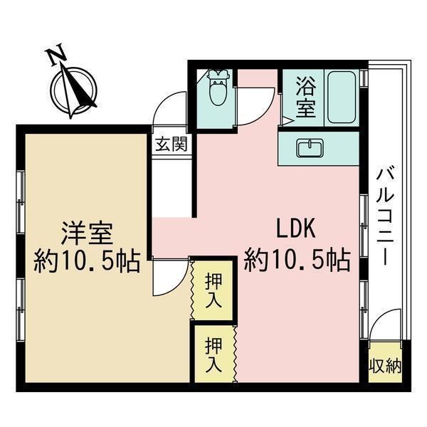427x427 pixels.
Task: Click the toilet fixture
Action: coord(218,88)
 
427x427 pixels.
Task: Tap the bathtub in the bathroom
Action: coord(342,97)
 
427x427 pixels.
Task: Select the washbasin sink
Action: coord(310,148)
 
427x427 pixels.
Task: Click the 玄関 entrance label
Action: coord(172,144)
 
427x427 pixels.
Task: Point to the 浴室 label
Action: coord(306,97)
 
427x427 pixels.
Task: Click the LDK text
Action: coord(296,228)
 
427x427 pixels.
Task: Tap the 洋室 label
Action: coord(87,233)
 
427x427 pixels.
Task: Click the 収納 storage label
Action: coord(385,366)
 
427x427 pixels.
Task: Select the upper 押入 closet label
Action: coord(213,290)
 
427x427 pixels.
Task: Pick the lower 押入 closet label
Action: coord(213,354)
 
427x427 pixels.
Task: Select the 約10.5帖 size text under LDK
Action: coord(297,260)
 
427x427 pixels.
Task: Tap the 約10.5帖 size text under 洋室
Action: coord(87,261)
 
